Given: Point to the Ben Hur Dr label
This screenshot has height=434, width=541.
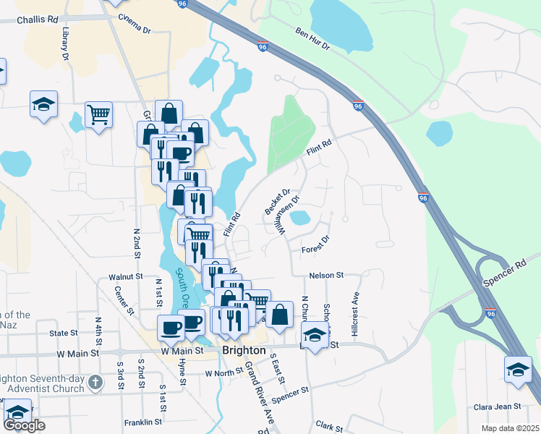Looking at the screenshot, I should pos(312,40).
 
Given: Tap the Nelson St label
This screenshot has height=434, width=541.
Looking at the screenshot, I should pos(325,276).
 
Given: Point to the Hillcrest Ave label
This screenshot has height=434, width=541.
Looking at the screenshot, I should pos(355,312).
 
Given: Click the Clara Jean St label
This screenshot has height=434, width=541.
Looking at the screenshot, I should pos(497,407).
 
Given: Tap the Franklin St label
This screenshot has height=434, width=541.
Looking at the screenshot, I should pos(142,422).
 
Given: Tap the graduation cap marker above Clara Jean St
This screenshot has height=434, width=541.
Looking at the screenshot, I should pos(519,370).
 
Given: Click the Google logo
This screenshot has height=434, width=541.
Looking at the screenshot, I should pos(24,425).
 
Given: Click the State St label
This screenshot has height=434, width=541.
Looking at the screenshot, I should pos(64,333).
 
